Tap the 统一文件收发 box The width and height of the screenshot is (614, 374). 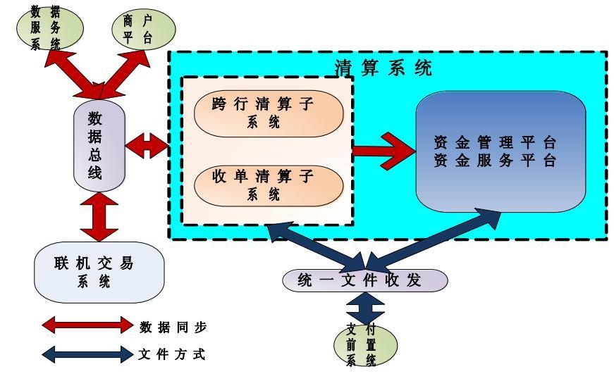(x=365, y=280)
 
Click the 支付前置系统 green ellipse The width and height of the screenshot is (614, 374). (x=365, y=344)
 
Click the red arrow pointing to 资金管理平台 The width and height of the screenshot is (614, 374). (x=384, y=149)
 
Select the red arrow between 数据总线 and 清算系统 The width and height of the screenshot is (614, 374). (x=146, y=147)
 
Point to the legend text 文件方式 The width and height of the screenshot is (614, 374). (x=173, y=353)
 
